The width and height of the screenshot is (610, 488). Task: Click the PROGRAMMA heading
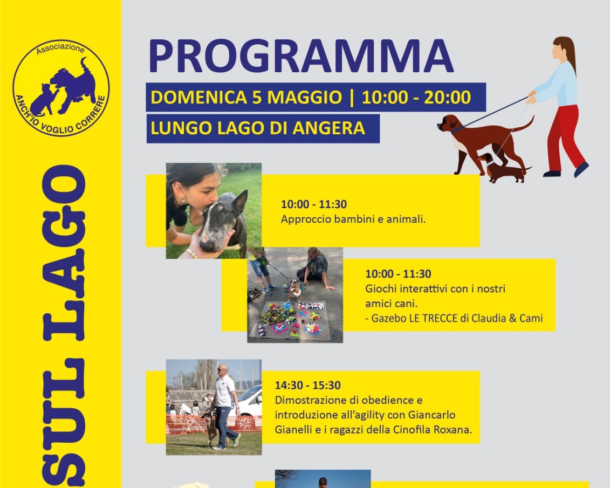301,56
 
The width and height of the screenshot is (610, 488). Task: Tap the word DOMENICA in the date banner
198,97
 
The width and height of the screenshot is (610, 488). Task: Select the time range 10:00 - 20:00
416,97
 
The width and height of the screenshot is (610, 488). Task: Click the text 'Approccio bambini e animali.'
353,219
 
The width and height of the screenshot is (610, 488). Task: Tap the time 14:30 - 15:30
308,386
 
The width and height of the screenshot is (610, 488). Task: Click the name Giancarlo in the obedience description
432,415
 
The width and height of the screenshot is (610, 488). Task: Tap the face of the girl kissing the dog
193,193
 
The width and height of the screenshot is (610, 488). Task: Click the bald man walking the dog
224,407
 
